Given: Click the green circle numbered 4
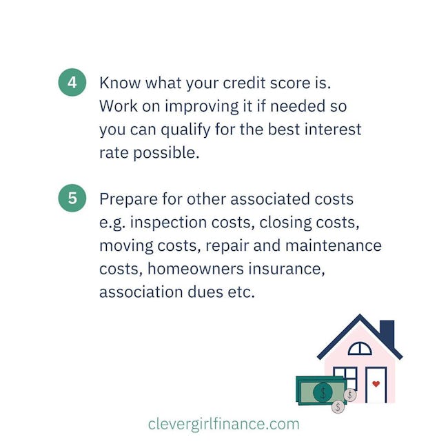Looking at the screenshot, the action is (72, 82).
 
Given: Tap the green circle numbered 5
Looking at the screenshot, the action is (72, 198).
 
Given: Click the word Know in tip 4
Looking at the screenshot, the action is (120, 83).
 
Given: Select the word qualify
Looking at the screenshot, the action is (185, 130).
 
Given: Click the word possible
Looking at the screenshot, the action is (166, 154).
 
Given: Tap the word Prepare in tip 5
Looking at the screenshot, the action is (128, 200).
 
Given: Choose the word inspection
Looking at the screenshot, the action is (169, 223).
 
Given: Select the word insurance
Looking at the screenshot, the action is (287, 269).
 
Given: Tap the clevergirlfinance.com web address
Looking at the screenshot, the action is (224, 424).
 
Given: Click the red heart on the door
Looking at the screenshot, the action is (376, 384).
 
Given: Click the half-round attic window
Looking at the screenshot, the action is (360, 349).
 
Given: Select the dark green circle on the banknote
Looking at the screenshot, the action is (323, 392).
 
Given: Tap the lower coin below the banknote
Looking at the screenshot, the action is (338, 406).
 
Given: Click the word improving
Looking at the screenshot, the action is (201, 107).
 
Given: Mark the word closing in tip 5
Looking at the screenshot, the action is (285, 223).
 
